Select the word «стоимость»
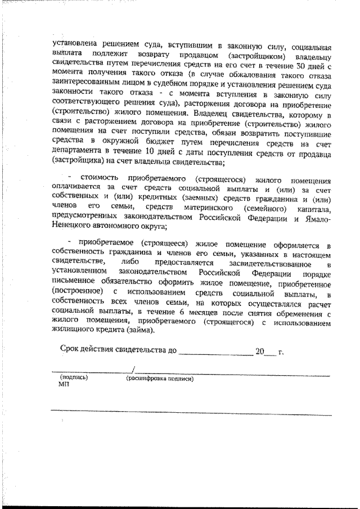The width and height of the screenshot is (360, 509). tap(92, 180)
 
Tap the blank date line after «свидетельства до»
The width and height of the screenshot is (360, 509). tap(215, 353)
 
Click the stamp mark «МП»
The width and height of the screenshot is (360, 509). tap(62, 386)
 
